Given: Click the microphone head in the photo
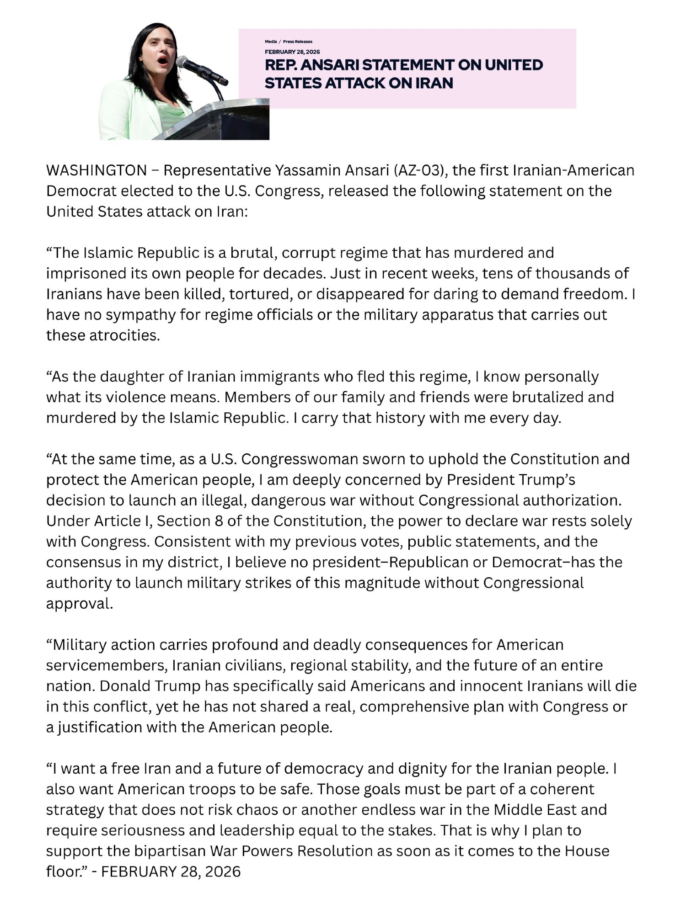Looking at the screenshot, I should click(x=183, y=62).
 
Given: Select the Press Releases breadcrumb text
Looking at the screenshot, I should click(x=298, y=42).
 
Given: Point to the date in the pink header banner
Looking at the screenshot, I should click(x=292, y=52).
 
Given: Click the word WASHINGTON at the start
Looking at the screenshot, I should click(x=96, y=170).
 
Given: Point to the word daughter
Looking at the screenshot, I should click(x=131, y=377).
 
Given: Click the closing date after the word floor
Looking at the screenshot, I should click(x=171, y=871).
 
